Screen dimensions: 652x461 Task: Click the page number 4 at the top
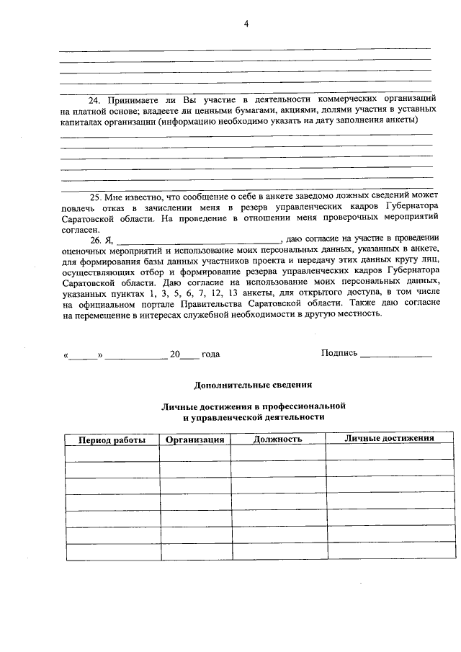(246, 24)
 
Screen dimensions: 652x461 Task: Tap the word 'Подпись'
(339, 353)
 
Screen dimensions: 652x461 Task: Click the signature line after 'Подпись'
(395, 354)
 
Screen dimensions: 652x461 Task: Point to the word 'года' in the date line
(211, 354)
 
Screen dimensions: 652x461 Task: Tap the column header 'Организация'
(195, 439)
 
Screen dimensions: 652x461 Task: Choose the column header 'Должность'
(277, 439)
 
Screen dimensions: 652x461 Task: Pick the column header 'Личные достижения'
(389, 439)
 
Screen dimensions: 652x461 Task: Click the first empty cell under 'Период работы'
(112, 454)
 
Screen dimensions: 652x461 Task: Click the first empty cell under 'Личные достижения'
(390, 454)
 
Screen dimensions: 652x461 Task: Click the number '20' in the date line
(174, 354)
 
